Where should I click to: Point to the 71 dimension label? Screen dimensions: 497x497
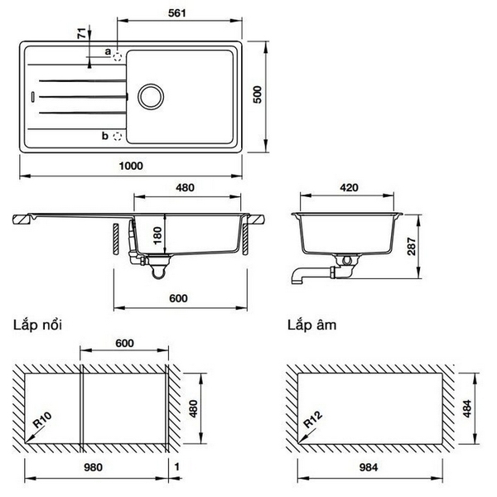coord(81,34)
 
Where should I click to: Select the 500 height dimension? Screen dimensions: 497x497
coord(257,95)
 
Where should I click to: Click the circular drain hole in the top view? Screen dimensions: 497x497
coord(152,94)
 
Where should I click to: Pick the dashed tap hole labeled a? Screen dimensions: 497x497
coord(118,57)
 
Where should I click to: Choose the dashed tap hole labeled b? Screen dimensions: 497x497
coord(118,135)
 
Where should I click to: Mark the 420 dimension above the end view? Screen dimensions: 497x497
coord(349,188)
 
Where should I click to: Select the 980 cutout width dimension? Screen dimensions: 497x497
coord(93,468)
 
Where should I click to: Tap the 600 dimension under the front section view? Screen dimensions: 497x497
coord(181,297)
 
